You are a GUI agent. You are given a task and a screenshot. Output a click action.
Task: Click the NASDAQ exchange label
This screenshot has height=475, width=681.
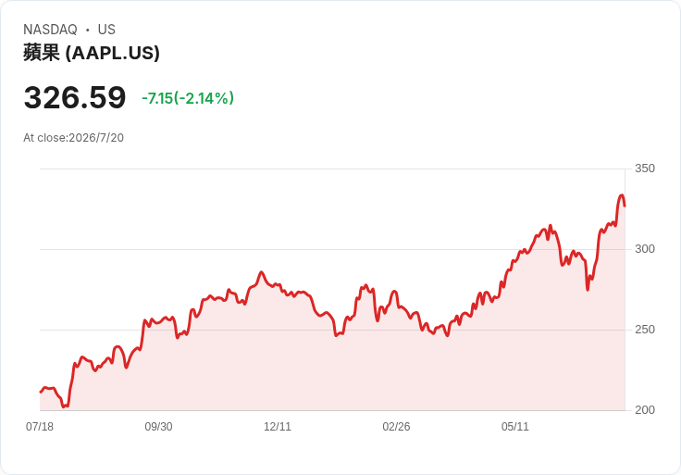[50, 30]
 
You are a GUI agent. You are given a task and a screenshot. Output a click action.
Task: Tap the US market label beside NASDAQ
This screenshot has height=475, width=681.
[106, 30]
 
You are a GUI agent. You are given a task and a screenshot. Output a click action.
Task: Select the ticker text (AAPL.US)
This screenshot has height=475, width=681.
[113, 53]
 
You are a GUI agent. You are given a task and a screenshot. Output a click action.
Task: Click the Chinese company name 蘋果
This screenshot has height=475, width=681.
[42, 53]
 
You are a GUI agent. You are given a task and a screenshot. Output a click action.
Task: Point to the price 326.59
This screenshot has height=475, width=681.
[75, 97]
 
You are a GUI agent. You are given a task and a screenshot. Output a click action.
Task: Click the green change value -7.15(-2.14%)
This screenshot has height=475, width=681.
[188, 98]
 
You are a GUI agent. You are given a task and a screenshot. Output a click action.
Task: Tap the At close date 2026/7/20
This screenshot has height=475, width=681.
[96, 138]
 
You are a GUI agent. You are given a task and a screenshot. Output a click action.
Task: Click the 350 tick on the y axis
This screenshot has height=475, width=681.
[645, 169]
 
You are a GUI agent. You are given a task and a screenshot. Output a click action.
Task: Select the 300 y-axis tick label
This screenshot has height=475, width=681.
[645, 249]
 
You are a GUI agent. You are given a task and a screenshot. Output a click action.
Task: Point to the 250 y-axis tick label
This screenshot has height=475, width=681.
[645, 330]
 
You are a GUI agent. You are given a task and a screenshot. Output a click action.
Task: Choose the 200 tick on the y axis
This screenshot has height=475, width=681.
[645, 410]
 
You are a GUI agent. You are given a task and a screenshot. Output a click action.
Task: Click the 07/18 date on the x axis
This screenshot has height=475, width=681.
[40, 427]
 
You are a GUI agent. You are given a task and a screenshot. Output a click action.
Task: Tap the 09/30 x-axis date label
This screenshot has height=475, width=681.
[158, 427]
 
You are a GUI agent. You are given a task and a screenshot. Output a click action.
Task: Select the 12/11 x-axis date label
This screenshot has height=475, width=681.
[278, 427]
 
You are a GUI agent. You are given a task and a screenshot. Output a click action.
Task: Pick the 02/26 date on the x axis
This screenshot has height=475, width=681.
[396, 427]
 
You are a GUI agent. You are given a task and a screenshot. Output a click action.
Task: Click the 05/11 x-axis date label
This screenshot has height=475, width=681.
[515, 427]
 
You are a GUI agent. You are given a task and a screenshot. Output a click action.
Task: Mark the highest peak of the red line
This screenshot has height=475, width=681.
[622, 195]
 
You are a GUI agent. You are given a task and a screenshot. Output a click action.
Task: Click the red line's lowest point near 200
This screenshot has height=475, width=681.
[64, 406]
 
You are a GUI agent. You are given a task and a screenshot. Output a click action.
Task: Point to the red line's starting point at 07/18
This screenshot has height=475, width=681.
[41, 392]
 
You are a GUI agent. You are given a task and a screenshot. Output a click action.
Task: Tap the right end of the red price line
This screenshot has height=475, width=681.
[625, 206]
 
